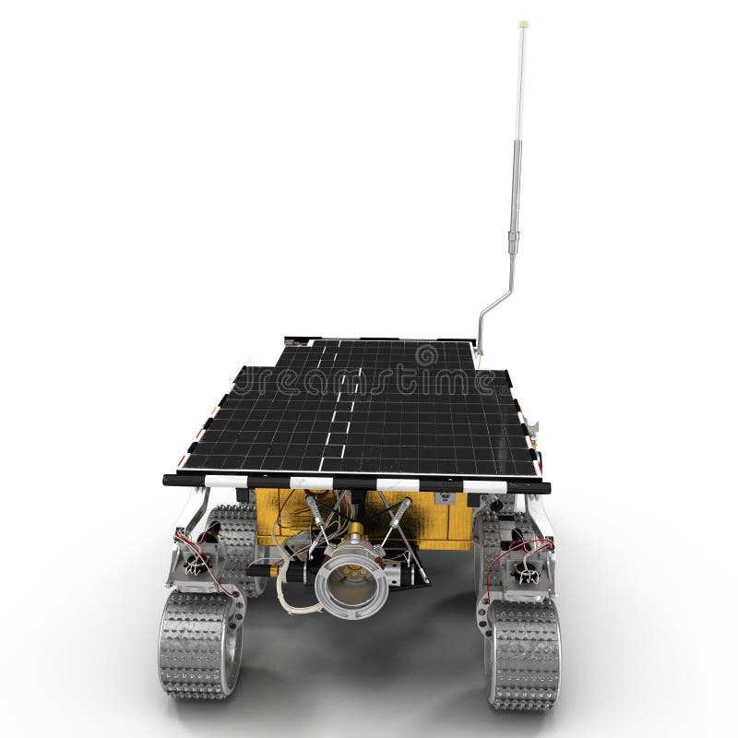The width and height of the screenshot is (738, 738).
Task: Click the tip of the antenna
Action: coord(523,23)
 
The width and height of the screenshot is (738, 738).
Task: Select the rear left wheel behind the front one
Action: coord(233,544)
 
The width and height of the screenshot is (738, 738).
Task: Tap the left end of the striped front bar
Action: coord(172,480)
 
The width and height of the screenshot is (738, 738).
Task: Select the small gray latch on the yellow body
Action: coord(446,499)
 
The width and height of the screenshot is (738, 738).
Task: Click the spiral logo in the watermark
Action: coord(426,354)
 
